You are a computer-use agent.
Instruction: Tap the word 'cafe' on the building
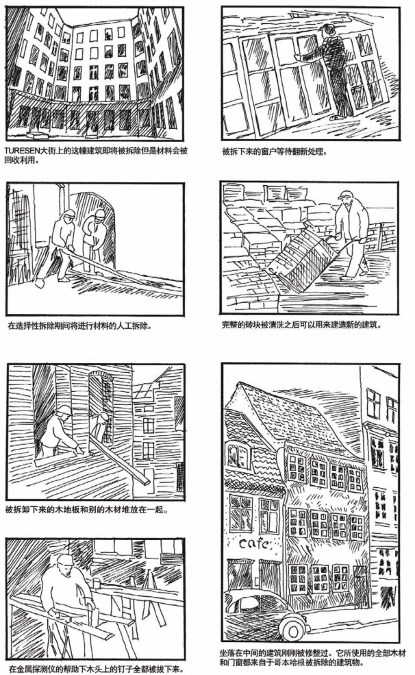click(x=254, y=543)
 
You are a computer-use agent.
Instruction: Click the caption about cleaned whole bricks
click(x=301, y=325)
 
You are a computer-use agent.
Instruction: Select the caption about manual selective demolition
click(x=79, y=326)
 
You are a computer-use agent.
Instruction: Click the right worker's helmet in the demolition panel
click(x=100, y=213)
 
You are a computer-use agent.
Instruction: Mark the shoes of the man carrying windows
click(x=337, y=117)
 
